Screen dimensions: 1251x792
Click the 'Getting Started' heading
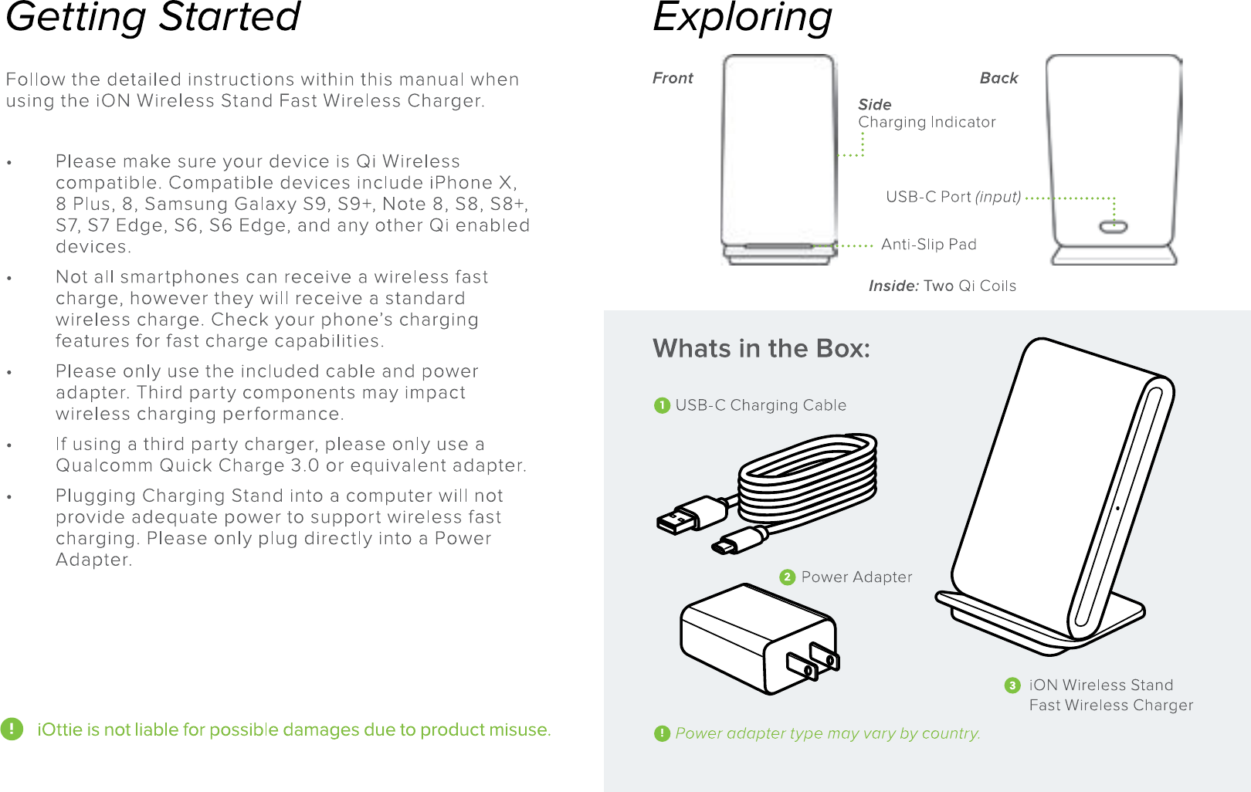[x=153, y=17]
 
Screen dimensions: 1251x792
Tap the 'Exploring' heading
[x=742, y=17]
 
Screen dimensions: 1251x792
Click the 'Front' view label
[x=673, y=78]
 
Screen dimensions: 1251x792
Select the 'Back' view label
[x=998, y=78]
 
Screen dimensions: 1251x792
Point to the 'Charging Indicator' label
[x=927, y=122]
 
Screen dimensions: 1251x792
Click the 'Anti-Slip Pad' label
[x=928, y=245]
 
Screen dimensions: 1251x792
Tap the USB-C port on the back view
[x=1113, y=227]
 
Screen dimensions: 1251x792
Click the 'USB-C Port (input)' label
[x=953, y=197]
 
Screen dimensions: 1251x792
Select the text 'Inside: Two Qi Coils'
[x=942, y=286]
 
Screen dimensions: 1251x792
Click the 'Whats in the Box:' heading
[x=761, y=349]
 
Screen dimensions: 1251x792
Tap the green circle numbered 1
[x=662, y=406]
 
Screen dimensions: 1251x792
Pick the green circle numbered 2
[x=787, y=577]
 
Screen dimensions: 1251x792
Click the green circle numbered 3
[x=1012, y=685]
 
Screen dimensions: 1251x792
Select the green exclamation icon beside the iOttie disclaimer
[x=12, y=729]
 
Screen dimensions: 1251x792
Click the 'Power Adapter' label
[x=856, y=577]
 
